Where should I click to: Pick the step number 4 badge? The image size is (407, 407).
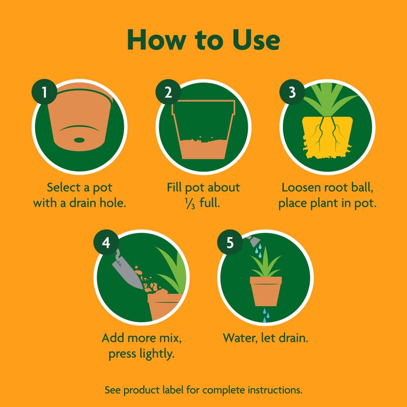click(106, 243)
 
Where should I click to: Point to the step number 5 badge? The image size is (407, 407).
click(230, 243)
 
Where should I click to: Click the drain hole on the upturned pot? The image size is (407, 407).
click(79, 139)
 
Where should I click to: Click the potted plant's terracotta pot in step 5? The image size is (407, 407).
click(265, 291)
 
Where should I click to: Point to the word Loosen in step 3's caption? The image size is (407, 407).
click(303, 187)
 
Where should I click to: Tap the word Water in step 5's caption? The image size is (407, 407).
click(239, 337)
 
